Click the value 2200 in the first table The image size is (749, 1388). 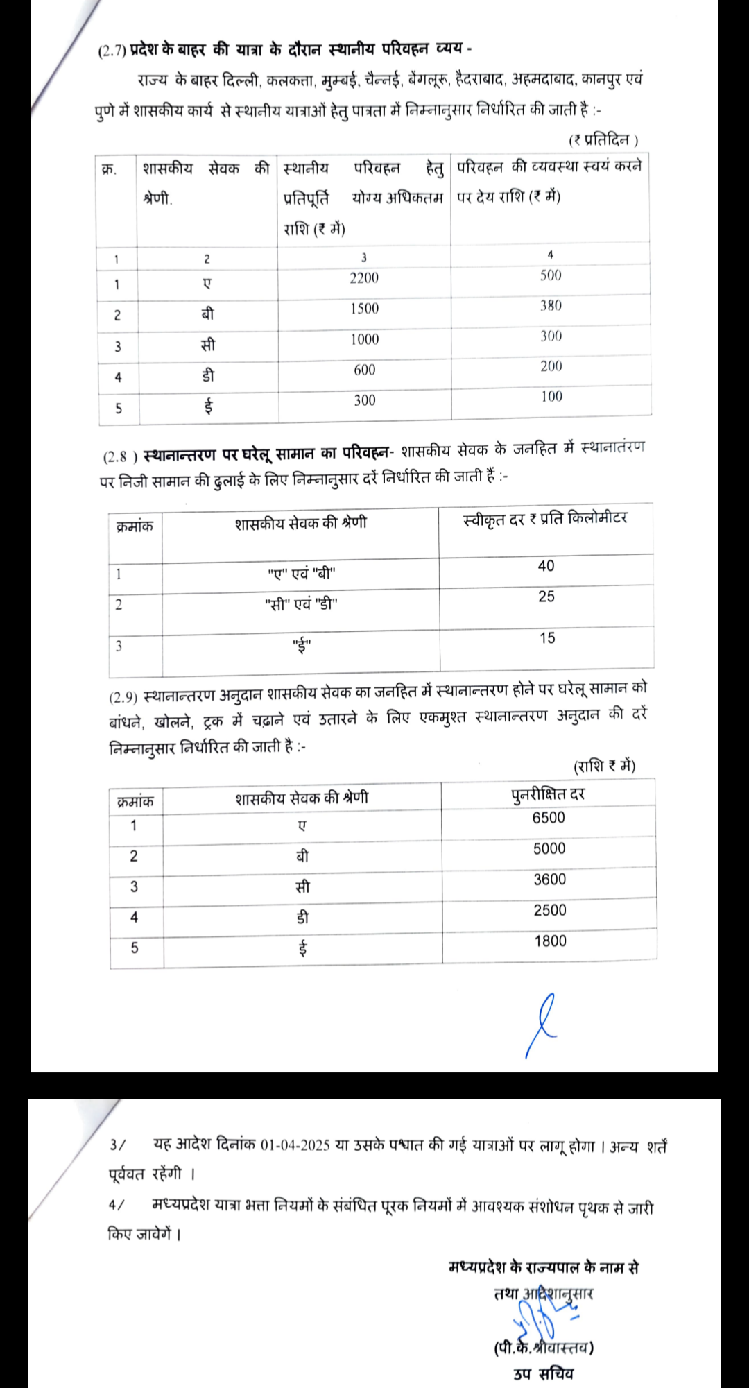[364, 278]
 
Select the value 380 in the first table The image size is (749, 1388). [551, 305]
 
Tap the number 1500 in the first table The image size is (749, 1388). [364, 309]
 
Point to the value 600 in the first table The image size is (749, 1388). [364, 370]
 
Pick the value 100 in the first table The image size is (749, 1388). [551, 396]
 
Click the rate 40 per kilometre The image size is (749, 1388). [546, 566]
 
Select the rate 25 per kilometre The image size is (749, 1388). [546, 597]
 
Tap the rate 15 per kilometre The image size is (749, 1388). [547, 638]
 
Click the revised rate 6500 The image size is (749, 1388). [549, 818]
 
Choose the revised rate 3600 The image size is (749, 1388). [549, 880]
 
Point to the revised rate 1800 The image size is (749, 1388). [550, 941]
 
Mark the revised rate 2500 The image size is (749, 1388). [549, 910]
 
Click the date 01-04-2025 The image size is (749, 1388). [295, 1145]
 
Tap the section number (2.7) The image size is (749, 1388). [112, 51]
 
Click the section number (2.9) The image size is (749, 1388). [123, 696]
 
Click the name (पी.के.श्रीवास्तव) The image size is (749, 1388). [544, 1347]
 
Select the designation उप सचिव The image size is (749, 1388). [543, 1373]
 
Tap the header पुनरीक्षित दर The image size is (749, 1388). [548, 794]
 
